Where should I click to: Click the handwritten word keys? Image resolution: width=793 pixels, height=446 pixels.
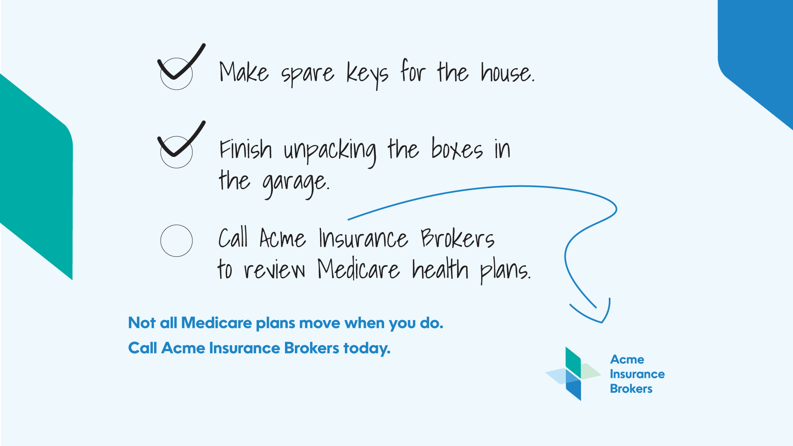click(367, 75)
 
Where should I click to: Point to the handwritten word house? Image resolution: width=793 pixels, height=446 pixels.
click(507, 72)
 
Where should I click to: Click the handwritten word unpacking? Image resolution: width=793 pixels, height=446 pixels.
click(330, 151)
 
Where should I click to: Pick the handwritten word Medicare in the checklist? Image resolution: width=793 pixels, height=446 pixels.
click(359, 269)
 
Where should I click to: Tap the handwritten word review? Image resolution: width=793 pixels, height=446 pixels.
click(274, 270)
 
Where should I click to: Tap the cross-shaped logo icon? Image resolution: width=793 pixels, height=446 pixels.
click(573, 374)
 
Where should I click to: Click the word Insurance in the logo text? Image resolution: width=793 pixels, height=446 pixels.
click(637, 374)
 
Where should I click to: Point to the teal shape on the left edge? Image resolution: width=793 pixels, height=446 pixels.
click(36, 176)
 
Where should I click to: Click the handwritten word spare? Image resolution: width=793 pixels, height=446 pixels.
click(308, 75)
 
